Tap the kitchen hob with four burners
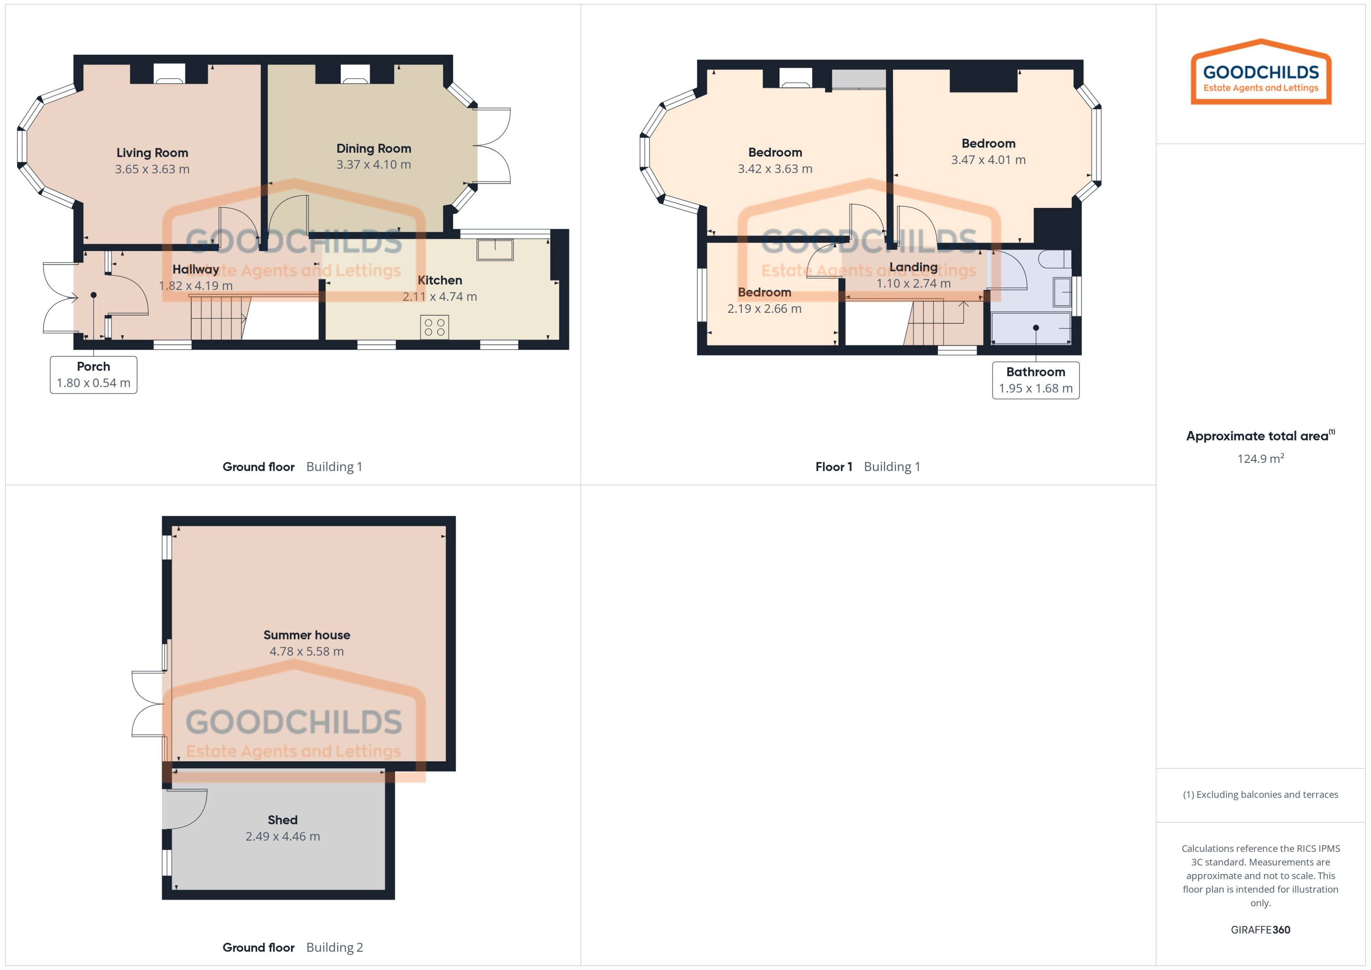tap(434, 327)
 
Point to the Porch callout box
tap(93, 374)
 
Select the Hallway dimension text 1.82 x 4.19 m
tap(195, 285)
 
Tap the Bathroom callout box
tap(1035, 380)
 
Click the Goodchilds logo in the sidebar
tap(1261, 73)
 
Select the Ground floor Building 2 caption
tap(292, 947)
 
